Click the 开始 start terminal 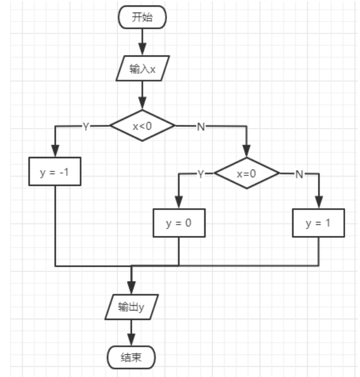coord(143,17)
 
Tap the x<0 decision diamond coord(143,125)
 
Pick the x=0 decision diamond coord(247,174)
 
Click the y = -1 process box coord(54,172)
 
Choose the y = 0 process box coord(179,224)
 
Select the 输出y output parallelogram coord(131,307)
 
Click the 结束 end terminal coord(131,357)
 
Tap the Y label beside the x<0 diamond coord(86,126)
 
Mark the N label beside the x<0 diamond coord(201,126)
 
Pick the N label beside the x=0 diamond coord(299,174)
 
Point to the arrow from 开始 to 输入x coord(143,42)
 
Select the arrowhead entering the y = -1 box coord(55,152)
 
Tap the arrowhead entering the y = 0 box coord(179,203)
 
